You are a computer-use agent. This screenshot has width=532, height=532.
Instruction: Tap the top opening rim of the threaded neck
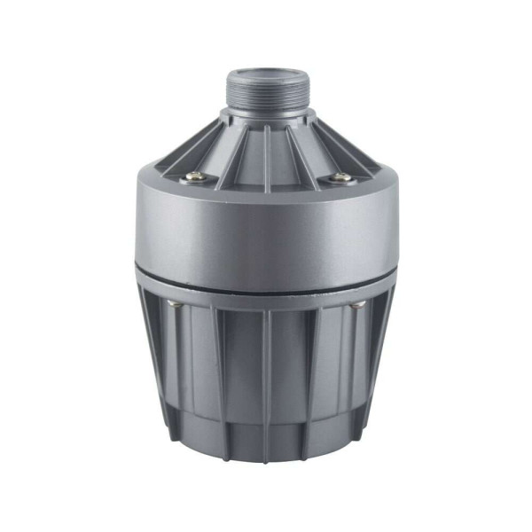point(266,72)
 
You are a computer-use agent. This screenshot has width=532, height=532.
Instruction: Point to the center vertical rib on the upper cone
point(267,146)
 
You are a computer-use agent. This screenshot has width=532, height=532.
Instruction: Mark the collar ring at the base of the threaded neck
point(266,115)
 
